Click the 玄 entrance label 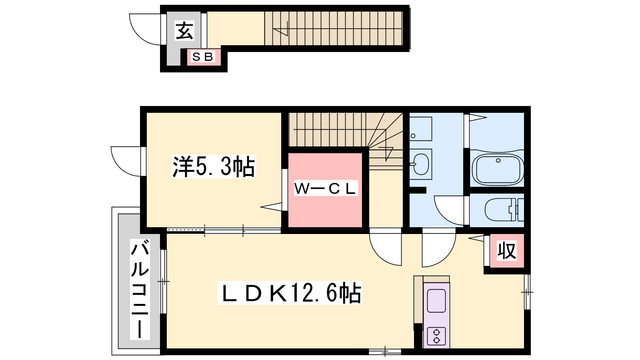pyautogui.click(x=184, y=30)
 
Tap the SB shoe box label pyautogui.click(x=203, y=57)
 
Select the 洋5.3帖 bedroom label pyautogui.click(x=214, y=166)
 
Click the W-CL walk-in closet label pyautogui.click(x=326, y=188)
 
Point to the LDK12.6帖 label pyautogui.click(x=290, y=293)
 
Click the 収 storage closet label pyautogui.click(x=506, y=251)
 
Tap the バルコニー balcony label pyautogui.click(x=140, y=289)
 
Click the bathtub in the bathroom pyautogui.click(x=498, y=170)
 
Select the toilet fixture pyautogui.click(x=504, y=210)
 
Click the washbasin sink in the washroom pyautogui.click(x=421, y=164)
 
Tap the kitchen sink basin pyautogui.click(x=436, y=300)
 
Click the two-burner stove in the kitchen pyautogui.click(x=436, y=336)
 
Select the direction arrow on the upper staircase pyautogui.click(x=280, y=28)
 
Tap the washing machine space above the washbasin pyautogui.click(x=420, y=128)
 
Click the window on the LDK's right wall pyautogui.click(x=527, y=292)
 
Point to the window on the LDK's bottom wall pyautogui.click(x=385, y=352)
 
